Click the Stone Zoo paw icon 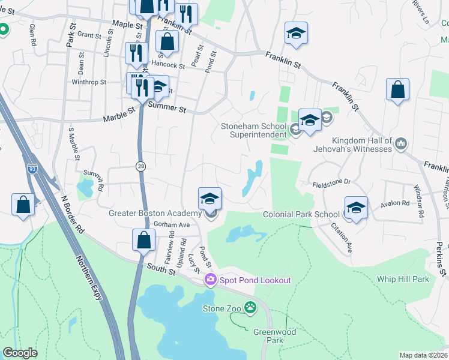(250, 308)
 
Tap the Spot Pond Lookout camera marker (210, 280)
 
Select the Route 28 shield (140, 166)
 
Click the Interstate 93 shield (32, 170)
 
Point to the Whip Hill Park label (403, 279)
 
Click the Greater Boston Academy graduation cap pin (210, 198)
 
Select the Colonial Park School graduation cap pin (356, 207)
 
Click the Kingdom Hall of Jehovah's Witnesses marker (402, 144)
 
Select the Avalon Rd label (393, 205)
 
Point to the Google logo (20, 353)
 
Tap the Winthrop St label (89, 82)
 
